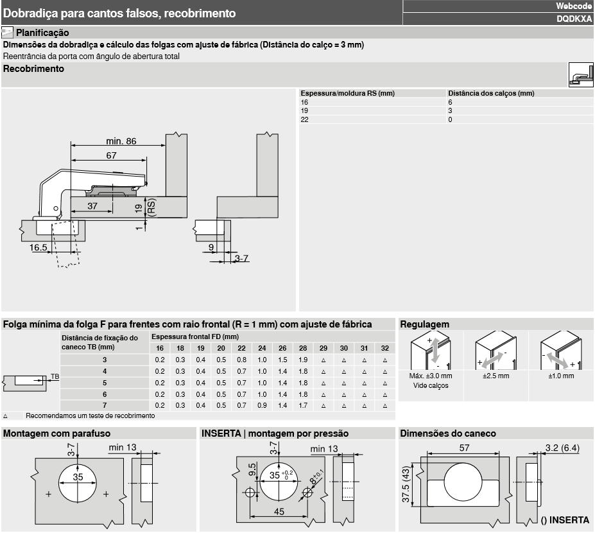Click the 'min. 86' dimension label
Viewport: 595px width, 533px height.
click(121, 141)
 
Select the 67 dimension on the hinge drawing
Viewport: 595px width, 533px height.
click(112, 155)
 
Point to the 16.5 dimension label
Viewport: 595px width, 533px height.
click(38, 247)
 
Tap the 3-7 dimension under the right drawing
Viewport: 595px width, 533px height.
click(242, 258)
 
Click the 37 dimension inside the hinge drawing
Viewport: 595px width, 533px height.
click(92, 205)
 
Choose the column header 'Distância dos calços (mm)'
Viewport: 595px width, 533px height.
click(491, 93)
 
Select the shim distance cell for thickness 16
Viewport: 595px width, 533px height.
click(451, 102)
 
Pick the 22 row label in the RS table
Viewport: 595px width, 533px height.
click(305, 119)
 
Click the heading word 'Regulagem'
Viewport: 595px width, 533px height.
click(424, 324)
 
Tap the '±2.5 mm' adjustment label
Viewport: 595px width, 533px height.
click(496, 376)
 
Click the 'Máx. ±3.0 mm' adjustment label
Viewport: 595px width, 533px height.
click(431, 376)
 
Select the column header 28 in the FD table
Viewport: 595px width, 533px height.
click(302, 348)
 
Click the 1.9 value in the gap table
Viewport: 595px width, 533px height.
click(302, 360)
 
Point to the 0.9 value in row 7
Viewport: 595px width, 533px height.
click(262, 406)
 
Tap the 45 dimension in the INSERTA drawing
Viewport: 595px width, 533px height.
click(279, 512)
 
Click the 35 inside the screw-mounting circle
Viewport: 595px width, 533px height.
click(78, 477)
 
